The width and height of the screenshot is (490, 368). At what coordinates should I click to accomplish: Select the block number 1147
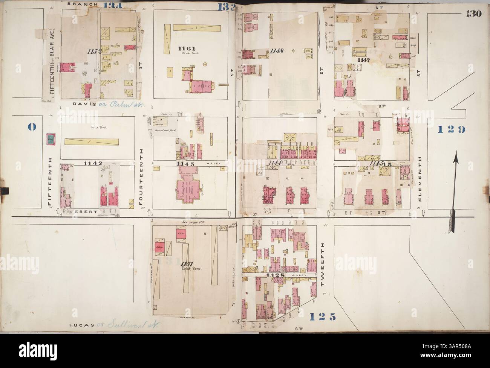click(365, 59)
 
